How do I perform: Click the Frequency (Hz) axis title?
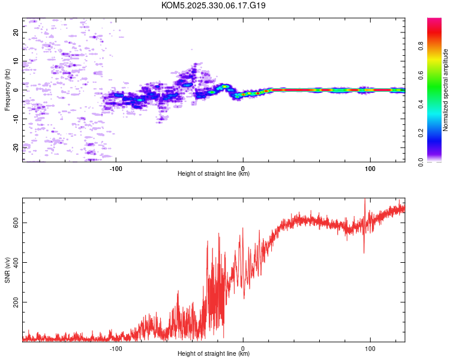[x=7, y=90]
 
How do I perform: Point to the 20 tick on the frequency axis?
[x=16, y=33]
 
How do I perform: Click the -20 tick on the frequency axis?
[x=16, y=146]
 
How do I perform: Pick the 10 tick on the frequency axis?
[x=16, y=61]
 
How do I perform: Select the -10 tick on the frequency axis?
[x=16, y=118]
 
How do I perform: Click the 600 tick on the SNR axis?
[x=16, y=223]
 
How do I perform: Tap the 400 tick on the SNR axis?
[x=16, y=263]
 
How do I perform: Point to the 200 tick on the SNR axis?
[x=16, y=303]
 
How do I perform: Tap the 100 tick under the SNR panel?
[x=370, y=348]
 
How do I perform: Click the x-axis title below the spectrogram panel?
[x=214, y=174]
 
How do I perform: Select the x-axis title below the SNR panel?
[x=214, y=354]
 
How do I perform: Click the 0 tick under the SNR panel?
[x=243, y=348]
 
